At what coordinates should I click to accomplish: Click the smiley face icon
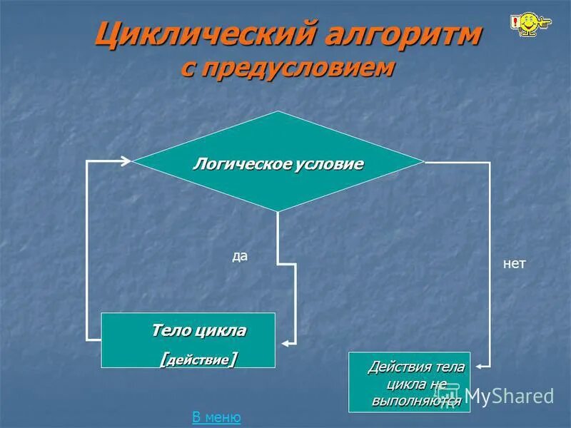point(529,24)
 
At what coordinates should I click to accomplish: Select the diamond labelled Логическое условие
point(278,162)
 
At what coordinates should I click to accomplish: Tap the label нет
point(514,264)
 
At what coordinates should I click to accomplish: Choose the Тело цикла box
point(188,340)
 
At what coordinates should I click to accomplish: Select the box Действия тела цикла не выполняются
point(409,382)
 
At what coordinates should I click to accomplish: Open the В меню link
point(216,417)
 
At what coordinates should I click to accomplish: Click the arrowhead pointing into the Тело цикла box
point(283,342)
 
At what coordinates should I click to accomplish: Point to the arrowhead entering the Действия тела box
point(479,367)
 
